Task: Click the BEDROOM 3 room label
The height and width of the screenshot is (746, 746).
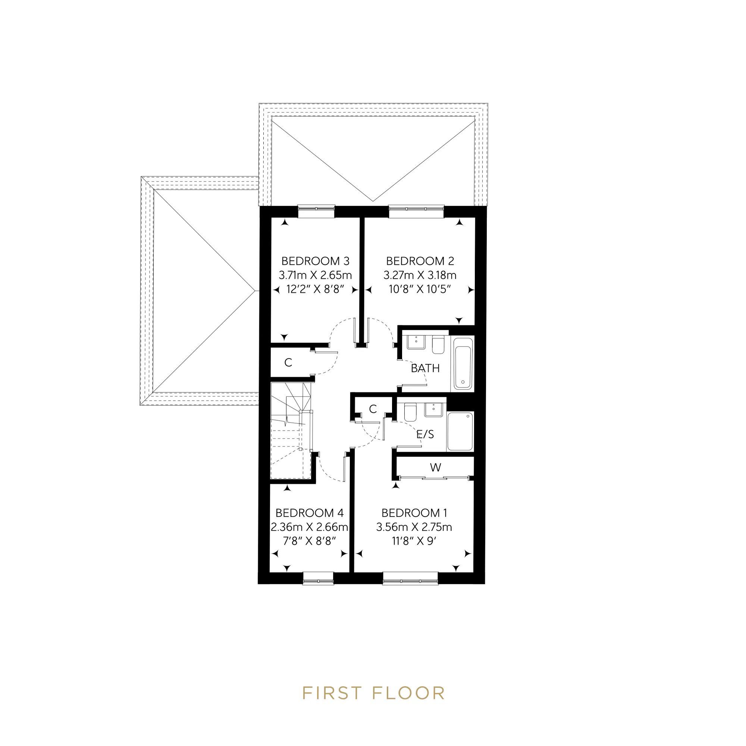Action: coord(315,261)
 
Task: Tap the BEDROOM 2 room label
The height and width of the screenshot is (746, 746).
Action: coord(420,261)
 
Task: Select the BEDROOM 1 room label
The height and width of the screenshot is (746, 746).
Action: coord(414,513)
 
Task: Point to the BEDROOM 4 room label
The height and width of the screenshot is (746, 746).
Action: coord(309,513)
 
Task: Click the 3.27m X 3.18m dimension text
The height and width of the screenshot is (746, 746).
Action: coord(420,275)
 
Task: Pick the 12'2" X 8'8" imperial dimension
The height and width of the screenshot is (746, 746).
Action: coord(315,289)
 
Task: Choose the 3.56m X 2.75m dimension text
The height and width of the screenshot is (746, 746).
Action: coord(414,527)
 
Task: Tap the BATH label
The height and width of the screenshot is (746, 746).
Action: coord(425,369)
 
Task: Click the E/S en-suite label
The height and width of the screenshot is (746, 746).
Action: coord(425,435)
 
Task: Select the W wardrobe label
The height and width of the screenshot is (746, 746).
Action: coord(436,468)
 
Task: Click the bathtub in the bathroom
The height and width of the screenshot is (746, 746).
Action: coord(463,363)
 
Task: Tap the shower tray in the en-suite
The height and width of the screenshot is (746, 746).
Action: coord(460,431)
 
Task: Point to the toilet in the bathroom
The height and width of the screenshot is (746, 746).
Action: coord(438,345)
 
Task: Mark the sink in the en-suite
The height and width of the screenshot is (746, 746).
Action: coord(434,410)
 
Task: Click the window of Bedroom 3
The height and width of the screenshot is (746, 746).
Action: coord(316,211)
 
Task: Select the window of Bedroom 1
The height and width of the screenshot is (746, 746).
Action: coord(410,578)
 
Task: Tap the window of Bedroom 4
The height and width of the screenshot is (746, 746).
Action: coord(318,578)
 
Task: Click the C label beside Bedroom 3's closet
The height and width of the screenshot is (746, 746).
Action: coord(288,363)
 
